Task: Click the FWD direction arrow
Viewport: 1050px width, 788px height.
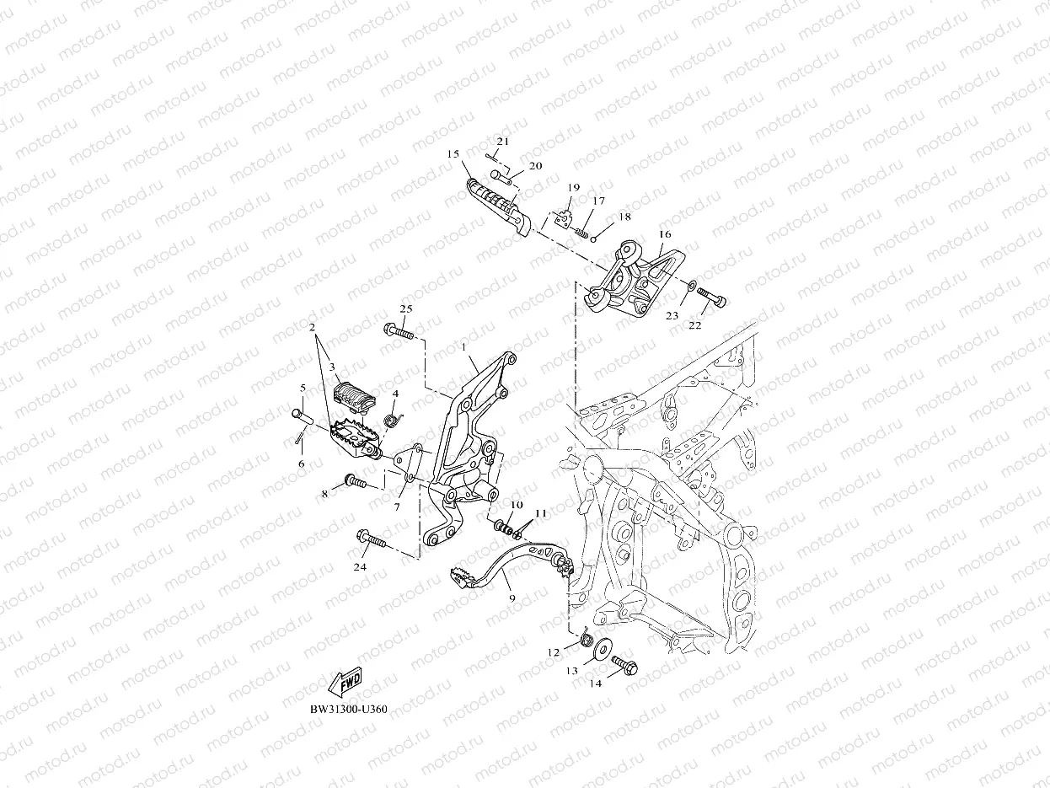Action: coord(345,682)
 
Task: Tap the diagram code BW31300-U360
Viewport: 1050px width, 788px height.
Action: coord(348,710)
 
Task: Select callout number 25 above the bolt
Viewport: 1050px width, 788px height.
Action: coord(405,309)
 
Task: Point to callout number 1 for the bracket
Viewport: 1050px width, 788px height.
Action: coord(463,347)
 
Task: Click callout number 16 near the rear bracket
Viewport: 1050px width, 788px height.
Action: coord(665,234)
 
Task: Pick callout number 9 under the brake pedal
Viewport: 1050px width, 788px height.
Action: coord(512,597)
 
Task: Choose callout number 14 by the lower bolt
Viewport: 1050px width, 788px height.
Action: coord(596,683)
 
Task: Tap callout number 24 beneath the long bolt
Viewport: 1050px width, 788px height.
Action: coord(360,567)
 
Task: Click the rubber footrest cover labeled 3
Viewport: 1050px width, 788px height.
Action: coord(348,394)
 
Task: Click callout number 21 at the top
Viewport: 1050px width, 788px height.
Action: coord(503,141)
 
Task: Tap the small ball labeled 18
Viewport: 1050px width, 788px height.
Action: coord(593,238)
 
